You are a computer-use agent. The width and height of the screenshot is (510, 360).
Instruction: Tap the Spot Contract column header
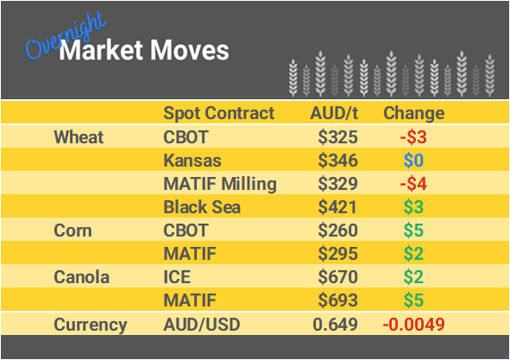[x=219, y=113]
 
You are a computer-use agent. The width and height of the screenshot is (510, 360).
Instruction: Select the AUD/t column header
[x=335, y=113]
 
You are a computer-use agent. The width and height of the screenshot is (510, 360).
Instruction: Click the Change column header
[x=413, y=113]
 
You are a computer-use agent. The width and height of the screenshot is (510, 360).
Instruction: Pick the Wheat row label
[x=79, y=137]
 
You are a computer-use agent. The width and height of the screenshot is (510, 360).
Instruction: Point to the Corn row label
[x=73, y=231]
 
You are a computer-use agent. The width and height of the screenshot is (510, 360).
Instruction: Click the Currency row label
[x=91, y=325]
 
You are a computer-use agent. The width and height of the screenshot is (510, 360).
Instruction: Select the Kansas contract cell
[x=192, y=161]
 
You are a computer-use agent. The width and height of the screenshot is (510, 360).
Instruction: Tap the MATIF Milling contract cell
[x=220, y=184]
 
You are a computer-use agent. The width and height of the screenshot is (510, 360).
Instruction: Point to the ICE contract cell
[x=178, y=278]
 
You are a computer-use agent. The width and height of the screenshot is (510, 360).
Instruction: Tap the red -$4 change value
[x=414, y=184]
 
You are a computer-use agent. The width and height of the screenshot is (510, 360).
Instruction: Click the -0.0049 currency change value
[x=414, y=325]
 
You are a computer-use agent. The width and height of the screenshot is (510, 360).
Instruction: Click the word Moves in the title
[x=192, y=50]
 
